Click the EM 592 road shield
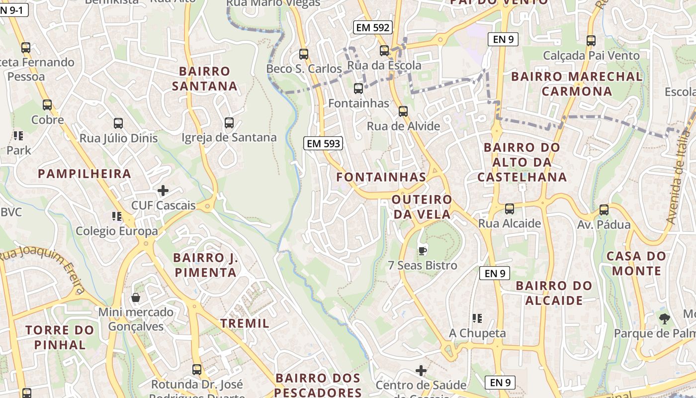(x=372, y=28)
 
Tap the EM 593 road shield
(x=323, y=144)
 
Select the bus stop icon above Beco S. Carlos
(x=304, y=54)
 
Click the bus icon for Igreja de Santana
(x=229, y=123)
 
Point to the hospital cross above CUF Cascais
(x=163, y=191)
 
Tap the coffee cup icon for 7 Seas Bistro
(x=423, y=250)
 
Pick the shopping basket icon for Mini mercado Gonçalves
(x=136, y=298)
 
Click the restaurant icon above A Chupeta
(x=477, y=318)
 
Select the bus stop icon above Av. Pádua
(x=604, y=210)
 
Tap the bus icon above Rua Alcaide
(x=510, y=209)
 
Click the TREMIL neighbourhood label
(x=245, y=323)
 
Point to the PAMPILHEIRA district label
(x=85, y=174)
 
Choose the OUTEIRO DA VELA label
(x=422, y=207)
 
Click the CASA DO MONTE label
(x=636, y=264)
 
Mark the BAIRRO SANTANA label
(x=205, y=79)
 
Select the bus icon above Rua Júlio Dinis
(x=118, y=123)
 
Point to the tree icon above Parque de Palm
(x=665, y=319)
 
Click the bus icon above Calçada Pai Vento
(x=591, y=41)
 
